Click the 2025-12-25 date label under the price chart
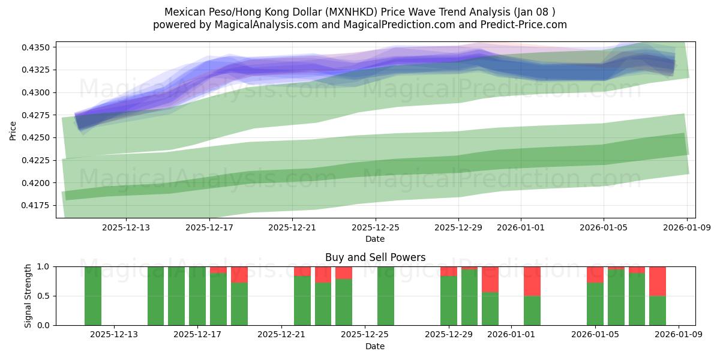pyautogui.click(x=375, y=227)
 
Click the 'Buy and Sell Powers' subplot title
pyautogui.click(x=375, y=257)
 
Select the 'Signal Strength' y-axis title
pyautogui.click(x=28, y=296)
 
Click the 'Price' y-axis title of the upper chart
pyautogui.click(x=13, y=130)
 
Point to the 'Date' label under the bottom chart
pyautogui.click(x=375, y=346)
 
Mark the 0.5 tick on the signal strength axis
pyautogui.click(x=46, y=296)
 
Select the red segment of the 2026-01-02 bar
pyautogui.click(x=532, y=281)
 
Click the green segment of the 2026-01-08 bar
pyautogui.click(x=658, y=310)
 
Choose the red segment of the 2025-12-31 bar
pyautogui.click(x=490, y=279)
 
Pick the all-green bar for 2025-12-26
pyautogui.click(x=386, y=296)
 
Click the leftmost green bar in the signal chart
pyautogui.click(x=93, y=296)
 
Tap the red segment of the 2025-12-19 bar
pyautogui.click(x=239, y=274)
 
